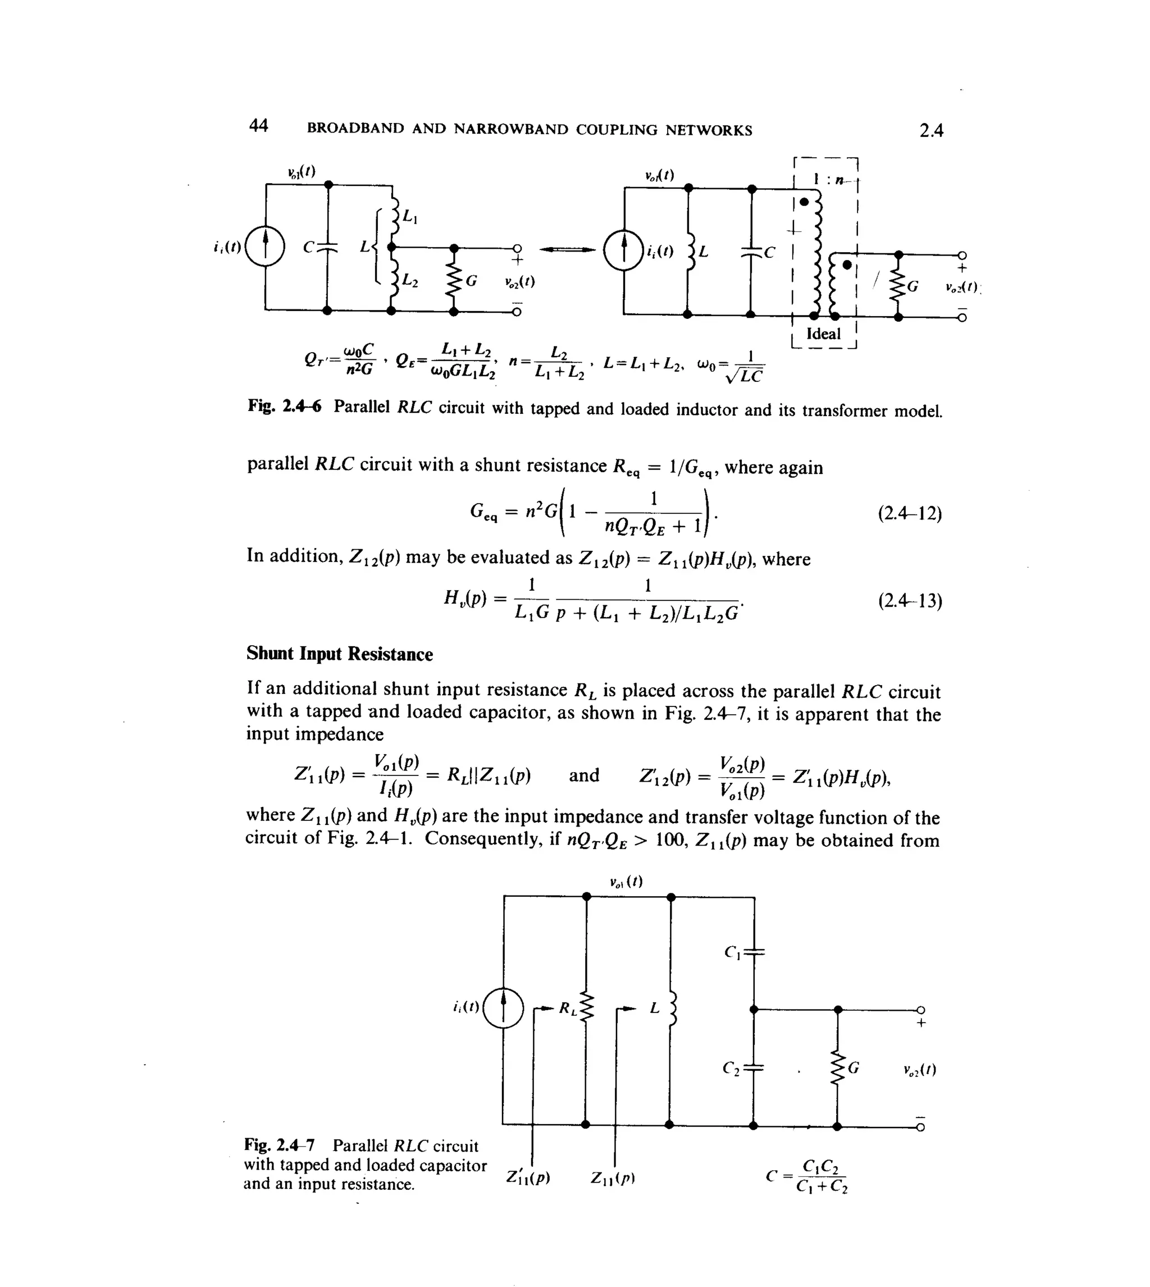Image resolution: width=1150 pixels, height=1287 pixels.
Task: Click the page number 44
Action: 258,126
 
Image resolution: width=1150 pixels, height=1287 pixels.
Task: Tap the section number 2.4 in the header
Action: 931,131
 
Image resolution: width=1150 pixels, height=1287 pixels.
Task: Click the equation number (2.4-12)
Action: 909,514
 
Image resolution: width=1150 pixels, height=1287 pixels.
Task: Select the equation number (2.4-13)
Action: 909,600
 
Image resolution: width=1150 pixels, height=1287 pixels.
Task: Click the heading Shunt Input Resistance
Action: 339,654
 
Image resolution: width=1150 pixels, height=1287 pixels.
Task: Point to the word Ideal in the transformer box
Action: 823,334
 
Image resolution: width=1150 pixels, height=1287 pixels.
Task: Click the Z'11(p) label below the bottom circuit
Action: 528,1178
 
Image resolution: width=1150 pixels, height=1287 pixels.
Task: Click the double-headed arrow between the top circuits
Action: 567,249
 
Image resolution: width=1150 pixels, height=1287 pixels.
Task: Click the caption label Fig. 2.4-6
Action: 284,406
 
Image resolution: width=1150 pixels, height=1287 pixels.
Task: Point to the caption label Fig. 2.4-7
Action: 279,1145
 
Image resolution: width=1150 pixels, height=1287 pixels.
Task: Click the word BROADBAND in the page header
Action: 355,129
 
